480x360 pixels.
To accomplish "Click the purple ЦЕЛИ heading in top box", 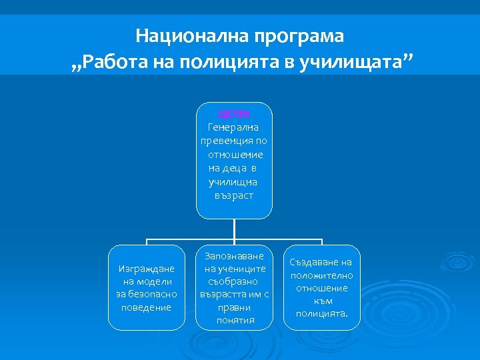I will (x=235, y=113).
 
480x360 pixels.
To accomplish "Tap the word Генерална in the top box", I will (x=235, y=127).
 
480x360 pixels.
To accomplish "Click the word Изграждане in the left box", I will (x=146, y=269).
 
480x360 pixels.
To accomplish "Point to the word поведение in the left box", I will (x=146, y=307).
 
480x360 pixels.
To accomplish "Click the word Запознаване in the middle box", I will (x=235, y=256).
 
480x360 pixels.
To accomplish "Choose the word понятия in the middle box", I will (x=235, y=320).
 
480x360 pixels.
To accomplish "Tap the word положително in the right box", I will (x=322, y=275).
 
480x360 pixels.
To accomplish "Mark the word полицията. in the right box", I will (x=322, y=313).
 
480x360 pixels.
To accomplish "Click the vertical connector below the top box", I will (x=235, y=229).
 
